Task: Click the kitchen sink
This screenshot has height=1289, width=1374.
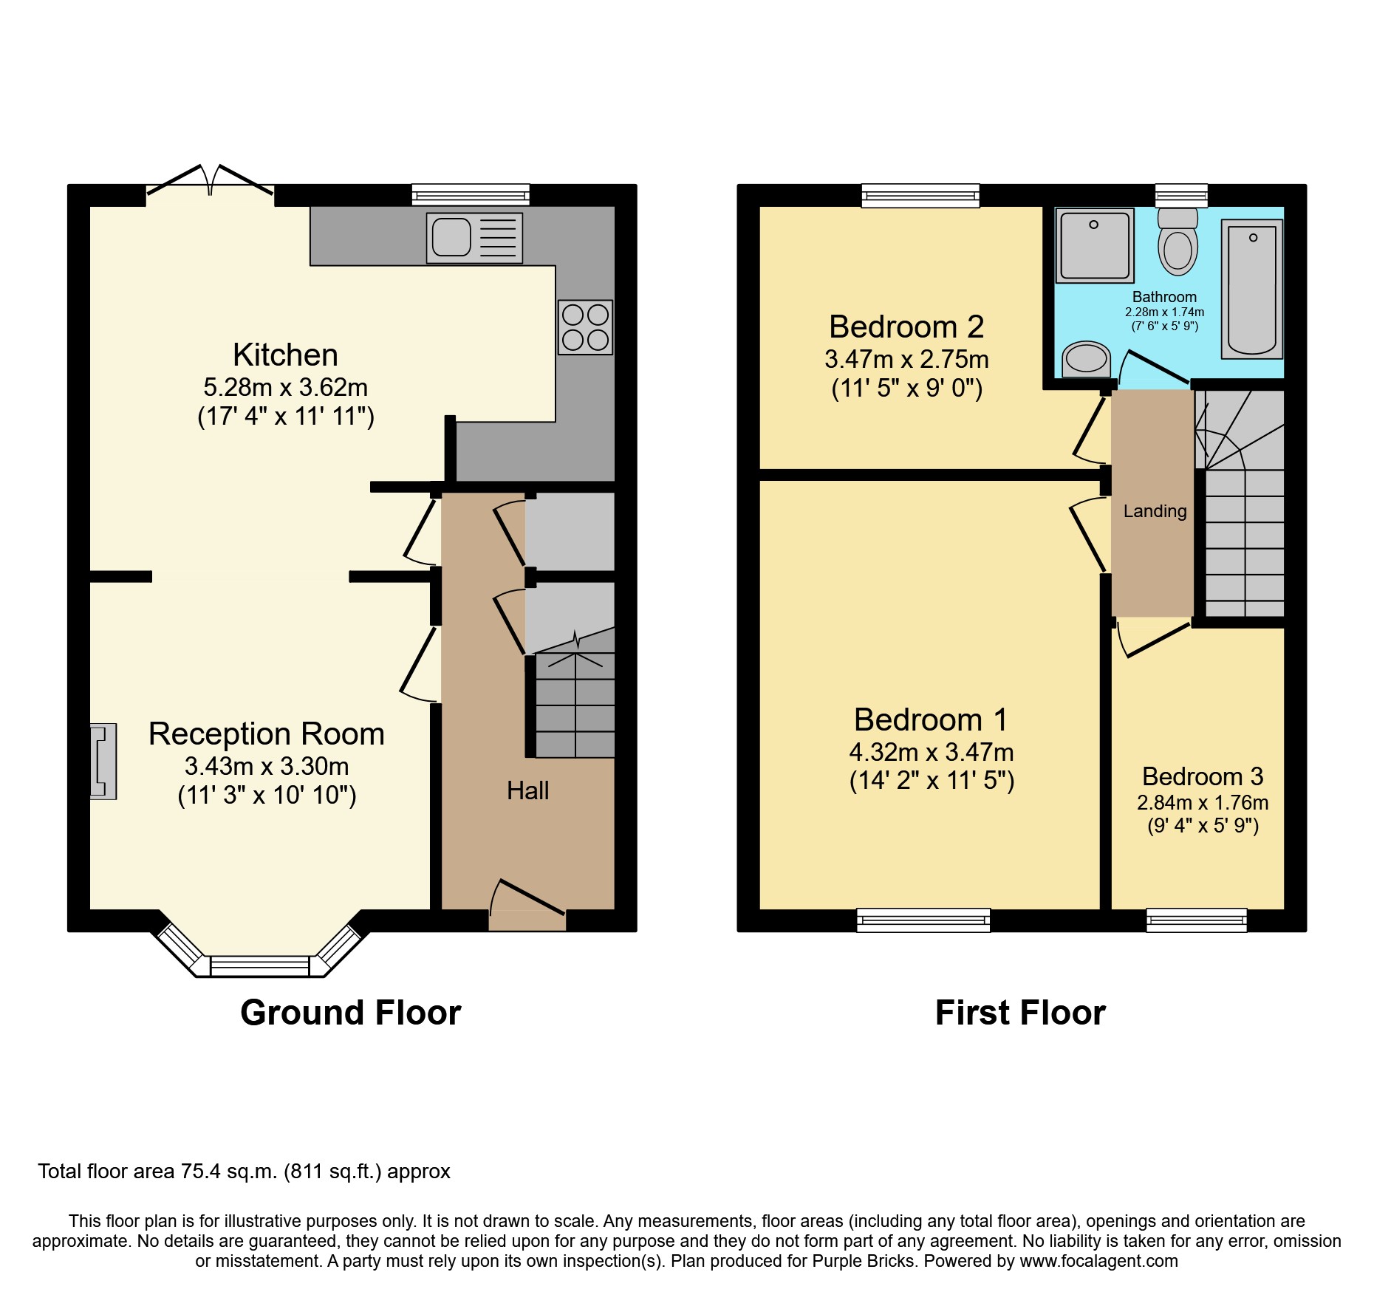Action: coord(474,238)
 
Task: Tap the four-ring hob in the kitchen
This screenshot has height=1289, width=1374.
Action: coord(585,327)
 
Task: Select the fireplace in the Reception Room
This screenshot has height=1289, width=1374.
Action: coord(103,761)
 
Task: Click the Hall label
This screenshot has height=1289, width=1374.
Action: coord(527,791)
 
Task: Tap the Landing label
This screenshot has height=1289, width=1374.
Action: coord(1155,511)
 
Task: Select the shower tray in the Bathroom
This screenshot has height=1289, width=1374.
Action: coord(1095,245)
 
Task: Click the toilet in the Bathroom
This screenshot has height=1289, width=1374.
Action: coord(1178,242)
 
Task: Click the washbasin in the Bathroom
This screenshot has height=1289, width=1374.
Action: coord(1086,360)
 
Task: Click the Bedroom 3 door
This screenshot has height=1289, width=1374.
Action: coord(1152,640)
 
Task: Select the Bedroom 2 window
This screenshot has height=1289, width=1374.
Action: coord(920,195)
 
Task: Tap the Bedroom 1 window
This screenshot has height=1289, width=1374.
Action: coord(923,920)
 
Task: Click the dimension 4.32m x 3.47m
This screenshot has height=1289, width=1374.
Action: coord(931,752)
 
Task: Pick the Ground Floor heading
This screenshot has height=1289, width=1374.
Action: coord(350,1013)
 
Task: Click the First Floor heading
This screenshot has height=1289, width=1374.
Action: coord(1020,1013)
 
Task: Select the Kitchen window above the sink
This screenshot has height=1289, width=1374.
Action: coord(471,195)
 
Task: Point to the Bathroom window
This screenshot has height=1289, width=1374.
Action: coord(1181,196)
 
